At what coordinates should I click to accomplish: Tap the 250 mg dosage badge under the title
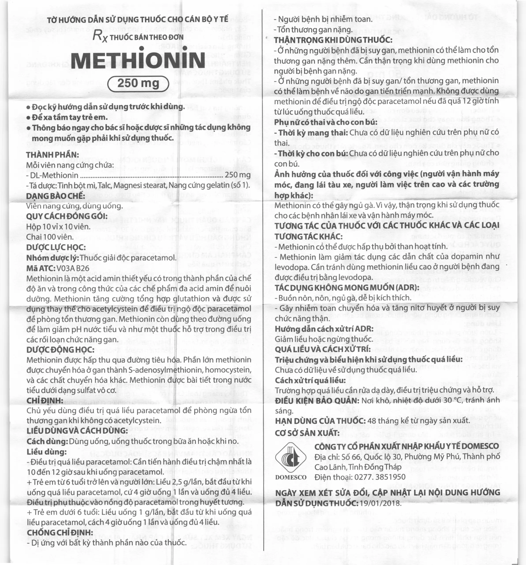pyautogui.click(x=138, y=84)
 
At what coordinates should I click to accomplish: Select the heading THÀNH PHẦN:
pyautogui.click(x=53, y=155)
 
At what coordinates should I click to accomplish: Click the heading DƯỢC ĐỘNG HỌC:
pyautogui.click(x=60, y=350)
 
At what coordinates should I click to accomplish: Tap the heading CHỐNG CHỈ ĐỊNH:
pyautogui.click(x=60, y=532)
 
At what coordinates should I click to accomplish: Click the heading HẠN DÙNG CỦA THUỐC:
pyautogui.click(x=320, y=421)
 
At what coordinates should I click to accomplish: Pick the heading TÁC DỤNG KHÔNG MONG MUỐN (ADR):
pyautogui.click(x=347, y=288)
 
